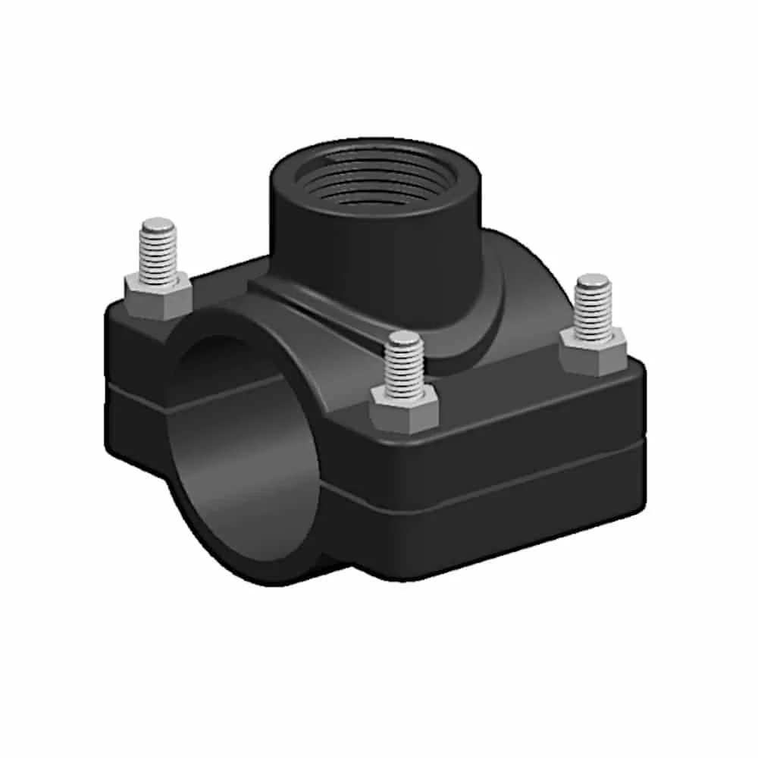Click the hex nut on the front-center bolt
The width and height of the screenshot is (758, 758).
(x=405, y=409)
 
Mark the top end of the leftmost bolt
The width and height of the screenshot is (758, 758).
(x=159, y=225)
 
